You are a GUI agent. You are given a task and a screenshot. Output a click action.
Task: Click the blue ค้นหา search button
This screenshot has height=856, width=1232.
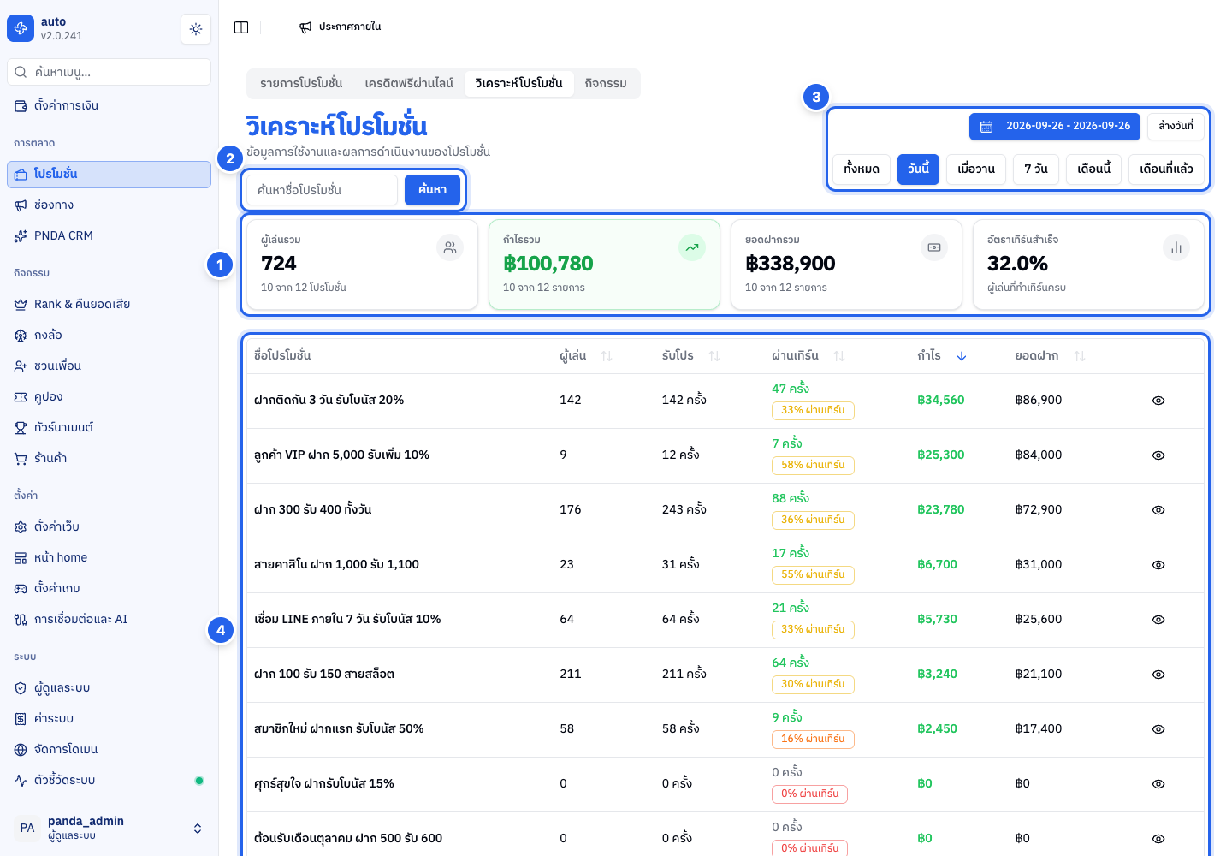[432, 190]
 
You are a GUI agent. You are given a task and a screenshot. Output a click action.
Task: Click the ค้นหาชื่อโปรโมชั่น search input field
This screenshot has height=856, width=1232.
[322, 190]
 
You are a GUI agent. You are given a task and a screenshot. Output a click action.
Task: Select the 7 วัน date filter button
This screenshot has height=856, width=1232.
[1035, 169]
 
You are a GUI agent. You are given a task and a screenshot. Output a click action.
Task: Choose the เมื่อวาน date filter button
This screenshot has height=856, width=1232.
[976, 169]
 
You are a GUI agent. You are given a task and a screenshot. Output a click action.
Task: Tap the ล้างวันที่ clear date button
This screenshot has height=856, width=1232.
[1176, 126]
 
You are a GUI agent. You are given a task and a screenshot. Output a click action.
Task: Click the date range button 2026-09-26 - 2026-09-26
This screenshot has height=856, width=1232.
[1054, 126]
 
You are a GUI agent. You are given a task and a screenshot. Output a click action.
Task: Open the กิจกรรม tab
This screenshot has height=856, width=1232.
[606, 83]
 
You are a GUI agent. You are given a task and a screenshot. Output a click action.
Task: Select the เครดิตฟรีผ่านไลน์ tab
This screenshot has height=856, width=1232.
[409, 83]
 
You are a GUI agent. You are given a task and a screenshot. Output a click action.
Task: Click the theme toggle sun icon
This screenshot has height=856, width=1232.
[196, 28]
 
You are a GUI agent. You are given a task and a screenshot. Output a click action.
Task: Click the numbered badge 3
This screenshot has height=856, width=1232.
[816, 97]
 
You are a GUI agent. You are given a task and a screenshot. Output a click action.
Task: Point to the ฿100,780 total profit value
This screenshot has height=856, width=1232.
[548, 264]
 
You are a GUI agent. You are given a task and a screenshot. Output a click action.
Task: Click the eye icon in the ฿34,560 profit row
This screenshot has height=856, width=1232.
[1158, 401]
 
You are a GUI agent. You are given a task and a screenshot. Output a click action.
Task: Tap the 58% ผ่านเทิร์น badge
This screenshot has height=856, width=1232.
[813, 465]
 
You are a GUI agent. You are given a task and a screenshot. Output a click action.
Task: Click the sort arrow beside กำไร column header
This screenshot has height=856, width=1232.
[962, 356]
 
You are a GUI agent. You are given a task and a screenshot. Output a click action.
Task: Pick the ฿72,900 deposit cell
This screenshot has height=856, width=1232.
[1039, 509]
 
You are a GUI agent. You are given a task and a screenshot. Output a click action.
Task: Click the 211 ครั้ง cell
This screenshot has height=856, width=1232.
[684, 674]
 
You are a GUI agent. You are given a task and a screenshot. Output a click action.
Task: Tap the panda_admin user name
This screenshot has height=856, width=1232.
[86, 821]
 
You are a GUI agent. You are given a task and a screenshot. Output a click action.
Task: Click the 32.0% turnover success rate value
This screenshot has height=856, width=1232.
[1017, 264]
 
